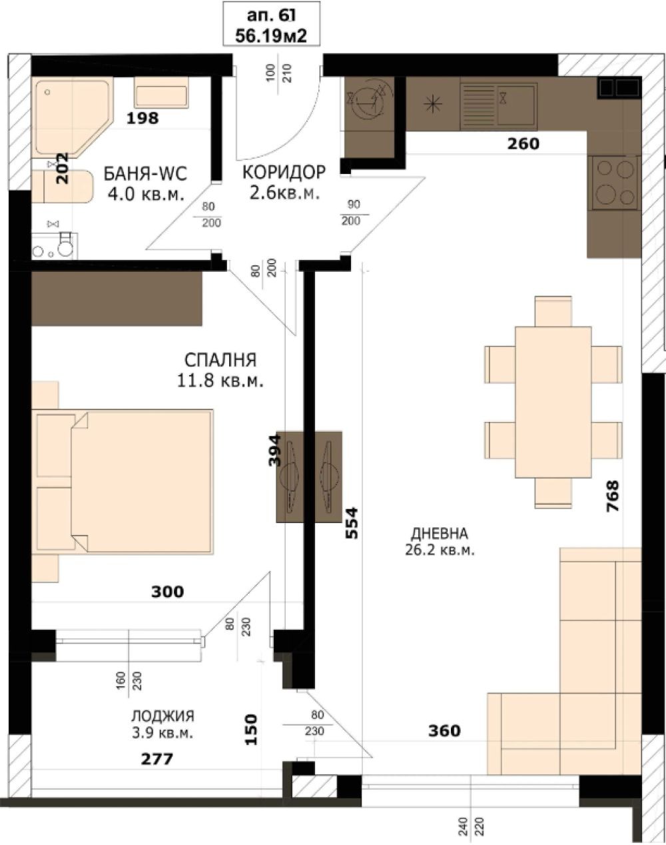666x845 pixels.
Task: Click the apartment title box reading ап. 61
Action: click(x=270, y=23)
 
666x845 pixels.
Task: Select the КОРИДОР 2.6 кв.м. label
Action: click(x=284, y=182)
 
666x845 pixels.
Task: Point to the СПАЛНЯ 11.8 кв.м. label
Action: click(x=220, y=371)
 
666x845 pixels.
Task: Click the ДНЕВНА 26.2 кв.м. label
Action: click(x=439, y=541)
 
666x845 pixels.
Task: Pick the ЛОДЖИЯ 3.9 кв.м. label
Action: click(x=163, y=724)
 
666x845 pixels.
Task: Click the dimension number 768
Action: click(x=612, y=496)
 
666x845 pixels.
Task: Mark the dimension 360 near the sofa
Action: click(x=444, y=731)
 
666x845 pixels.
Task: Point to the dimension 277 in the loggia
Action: click(x=157, y=758)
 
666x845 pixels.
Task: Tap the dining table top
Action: click(x=553, y=402)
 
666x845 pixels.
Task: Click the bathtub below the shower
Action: click(x=63, y=187)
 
